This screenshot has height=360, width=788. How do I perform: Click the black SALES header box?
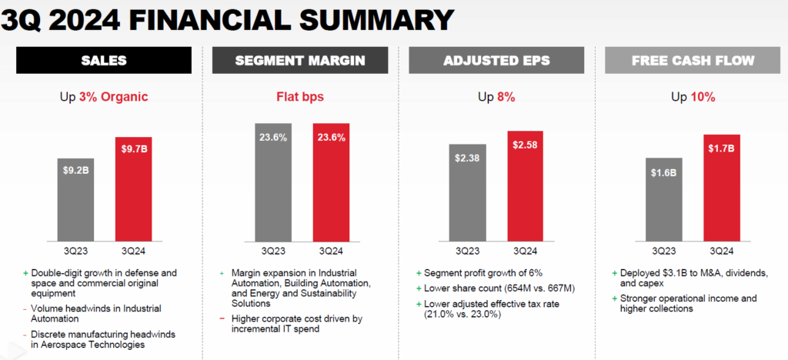point(104,61)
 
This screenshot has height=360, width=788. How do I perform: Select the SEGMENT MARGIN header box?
point(299,61)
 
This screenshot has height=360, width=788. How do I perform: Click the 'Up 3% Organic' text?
point(104,97)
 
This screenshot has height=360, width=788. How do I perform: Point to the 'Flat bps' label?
point(299,97)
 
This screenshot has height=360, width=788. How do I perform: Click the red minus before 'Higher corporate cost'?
point(222,318)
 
